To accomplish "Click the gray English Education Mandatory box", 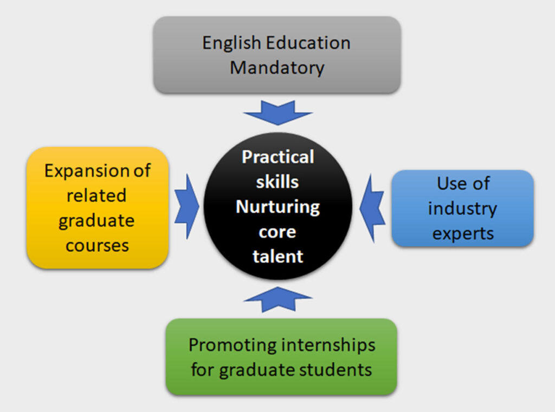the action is pyautogui.click(x=277, y=55).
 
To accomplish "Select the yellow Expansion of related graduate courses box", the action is pyautogui.click(x=98, y=207).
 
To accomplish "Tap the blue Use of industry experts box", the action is pyautogui.click(x=462, y=208).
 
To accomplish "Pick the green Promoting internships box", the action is pyautogui.click(x=281, y=356).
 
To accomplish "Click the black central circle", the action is pyautogui.click(x=278, y=206).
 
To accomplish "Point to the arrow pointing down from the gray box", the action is pyautogui.click(x=278, y=113).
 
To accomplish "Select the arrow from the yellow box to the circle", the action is pyautogui.click(x=187, y=206).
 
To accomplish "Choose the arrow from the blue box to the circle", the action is pyautogui.click(x=372, y=208).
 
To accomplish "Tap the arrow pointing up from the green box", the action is pyautogui.click(x=278, y=299).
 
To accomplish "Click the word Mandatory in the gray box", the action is pyautogui.click(x=277, y=68).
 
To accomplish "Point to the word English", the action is pyautogui.click(x=231, y=43).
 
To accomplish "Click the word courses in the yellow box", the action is pyautogui.click(x=97, y=245).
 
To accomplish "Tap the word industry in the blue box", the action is pyautogui.click(x=462, y=208).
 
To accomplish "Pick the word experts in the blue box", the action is pyautogui.click(x=463, y=234).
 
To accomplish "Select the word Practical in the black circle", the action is pyautogui.click(x=278, y=156).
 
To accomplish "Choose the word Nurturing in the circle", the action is pyautogui.click(x=278, y=207).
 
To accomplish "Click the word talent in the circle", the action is pyautogui.click(x=278, y=256).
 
